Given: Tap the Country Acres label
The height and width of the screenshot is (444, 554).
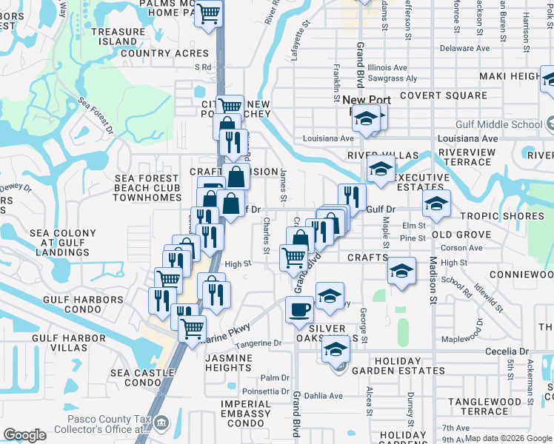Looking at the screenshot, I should tap(164, 53).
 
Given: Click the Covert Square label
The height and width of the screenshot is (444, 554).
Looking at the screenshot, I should tap(444, 95).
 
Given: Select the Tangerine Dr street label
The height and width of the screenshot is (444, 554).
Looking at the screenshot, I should tap(260, 343).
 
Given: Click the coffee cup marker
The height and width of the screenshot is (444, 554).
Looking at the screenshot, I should tap(299, 309).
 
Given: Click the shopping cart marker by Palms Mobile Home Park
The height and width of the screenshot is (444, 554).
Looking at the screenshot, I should tap(210, 12).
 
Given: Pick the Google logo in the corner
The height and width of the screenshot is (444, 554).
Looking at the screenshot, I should tap(24, 435).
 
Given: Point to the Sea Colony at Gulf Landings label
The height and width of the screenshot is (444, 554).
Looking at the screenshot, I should tap(63, 243).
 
